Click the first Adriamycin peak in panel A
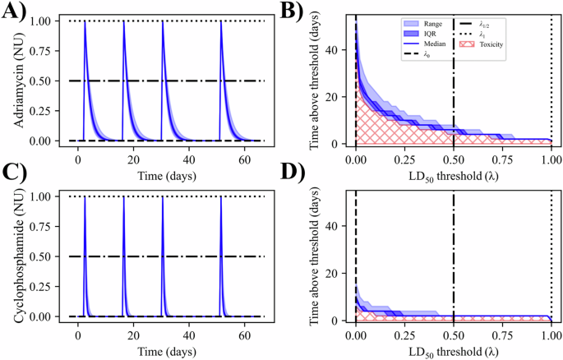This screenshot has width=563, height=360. (x=85, y=23)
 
